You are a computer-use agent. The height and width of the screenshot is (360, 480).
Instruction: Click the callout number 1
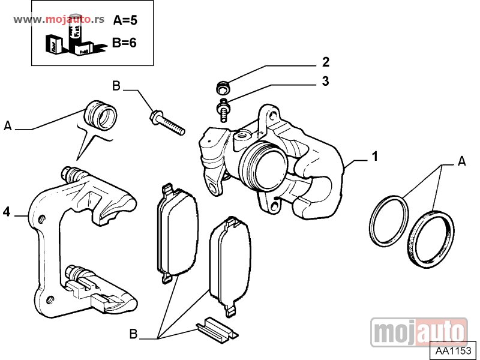[x=374, y=157]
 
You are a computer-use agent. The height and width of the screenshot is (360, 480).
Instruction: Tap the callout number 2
[x=325, y=62]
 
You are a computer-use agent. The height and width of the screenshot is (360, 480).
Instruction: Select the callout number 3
[x=325, y=82]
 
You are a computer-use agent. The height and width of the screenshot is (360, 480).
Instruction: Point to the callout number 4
[x=7, y=212]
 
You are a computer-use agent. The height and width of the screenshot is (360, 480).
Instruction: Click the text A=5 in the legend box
[x=125, y=20]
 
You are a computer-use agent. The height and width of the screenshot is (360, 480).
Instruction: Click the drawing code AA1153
[x=454, y=350]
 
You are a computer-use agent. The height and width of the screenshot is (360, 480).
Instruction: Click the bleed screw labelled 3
[x=224, y=112]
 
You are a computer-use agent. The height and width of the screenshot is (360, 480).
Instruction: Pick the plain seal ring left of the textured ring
[x=389, y=220]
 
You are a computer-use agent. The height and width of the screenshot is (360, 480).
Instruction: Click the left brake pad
[x=176, y=234]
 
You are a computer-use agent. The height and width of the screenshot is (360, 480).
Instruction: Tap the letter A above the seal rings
[x=461, y=160]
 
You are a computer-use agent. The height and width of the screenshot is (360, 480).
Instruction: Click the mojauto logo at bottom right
[x=419, y=332]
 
